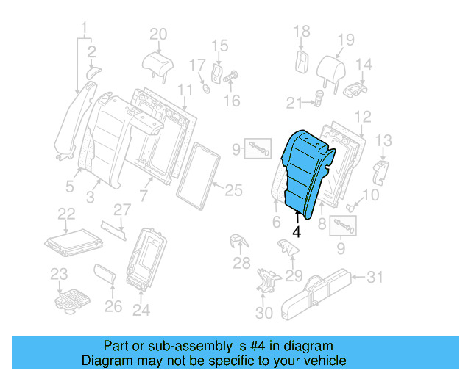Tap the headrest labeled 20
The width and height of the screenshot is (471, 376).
coord(157,62)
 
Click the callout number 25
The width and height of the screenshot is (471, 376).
coord(233,191)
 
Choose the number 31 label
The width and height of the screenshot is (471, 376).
coord(375,277)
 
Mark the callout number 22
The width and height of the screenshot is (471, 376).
coord(66,213)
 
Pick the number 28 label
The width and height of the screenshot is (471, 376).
coord(241,263)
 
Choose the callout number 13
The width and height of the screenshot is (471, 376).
coord(384,140)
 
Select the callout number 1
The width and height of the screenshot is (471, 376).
coord(84,29)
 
